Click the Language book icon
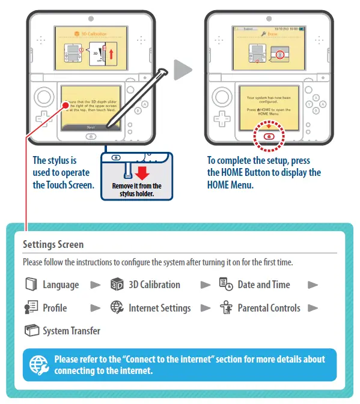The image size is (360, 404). pos(31,285)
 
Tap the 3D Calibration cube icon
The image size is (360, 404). pos(117,285)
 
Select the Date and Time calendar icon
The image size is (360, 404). pos(226,285)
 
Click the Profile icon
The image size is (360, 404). pos(31,308)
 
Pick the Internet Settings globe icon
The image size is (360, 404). pos(117,308)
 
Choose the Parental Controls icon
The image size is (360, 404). pos(226,308)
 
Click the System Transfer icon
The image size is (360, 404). pos(31,331)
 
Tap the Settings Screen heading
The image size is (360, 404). pos(53,244)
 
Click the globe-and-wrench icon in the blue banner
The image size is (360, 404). pos(39,365)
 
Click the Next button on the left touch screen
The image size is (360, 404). pos(91,127)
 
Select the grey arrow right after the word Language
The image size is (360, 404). pos(95,285)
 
